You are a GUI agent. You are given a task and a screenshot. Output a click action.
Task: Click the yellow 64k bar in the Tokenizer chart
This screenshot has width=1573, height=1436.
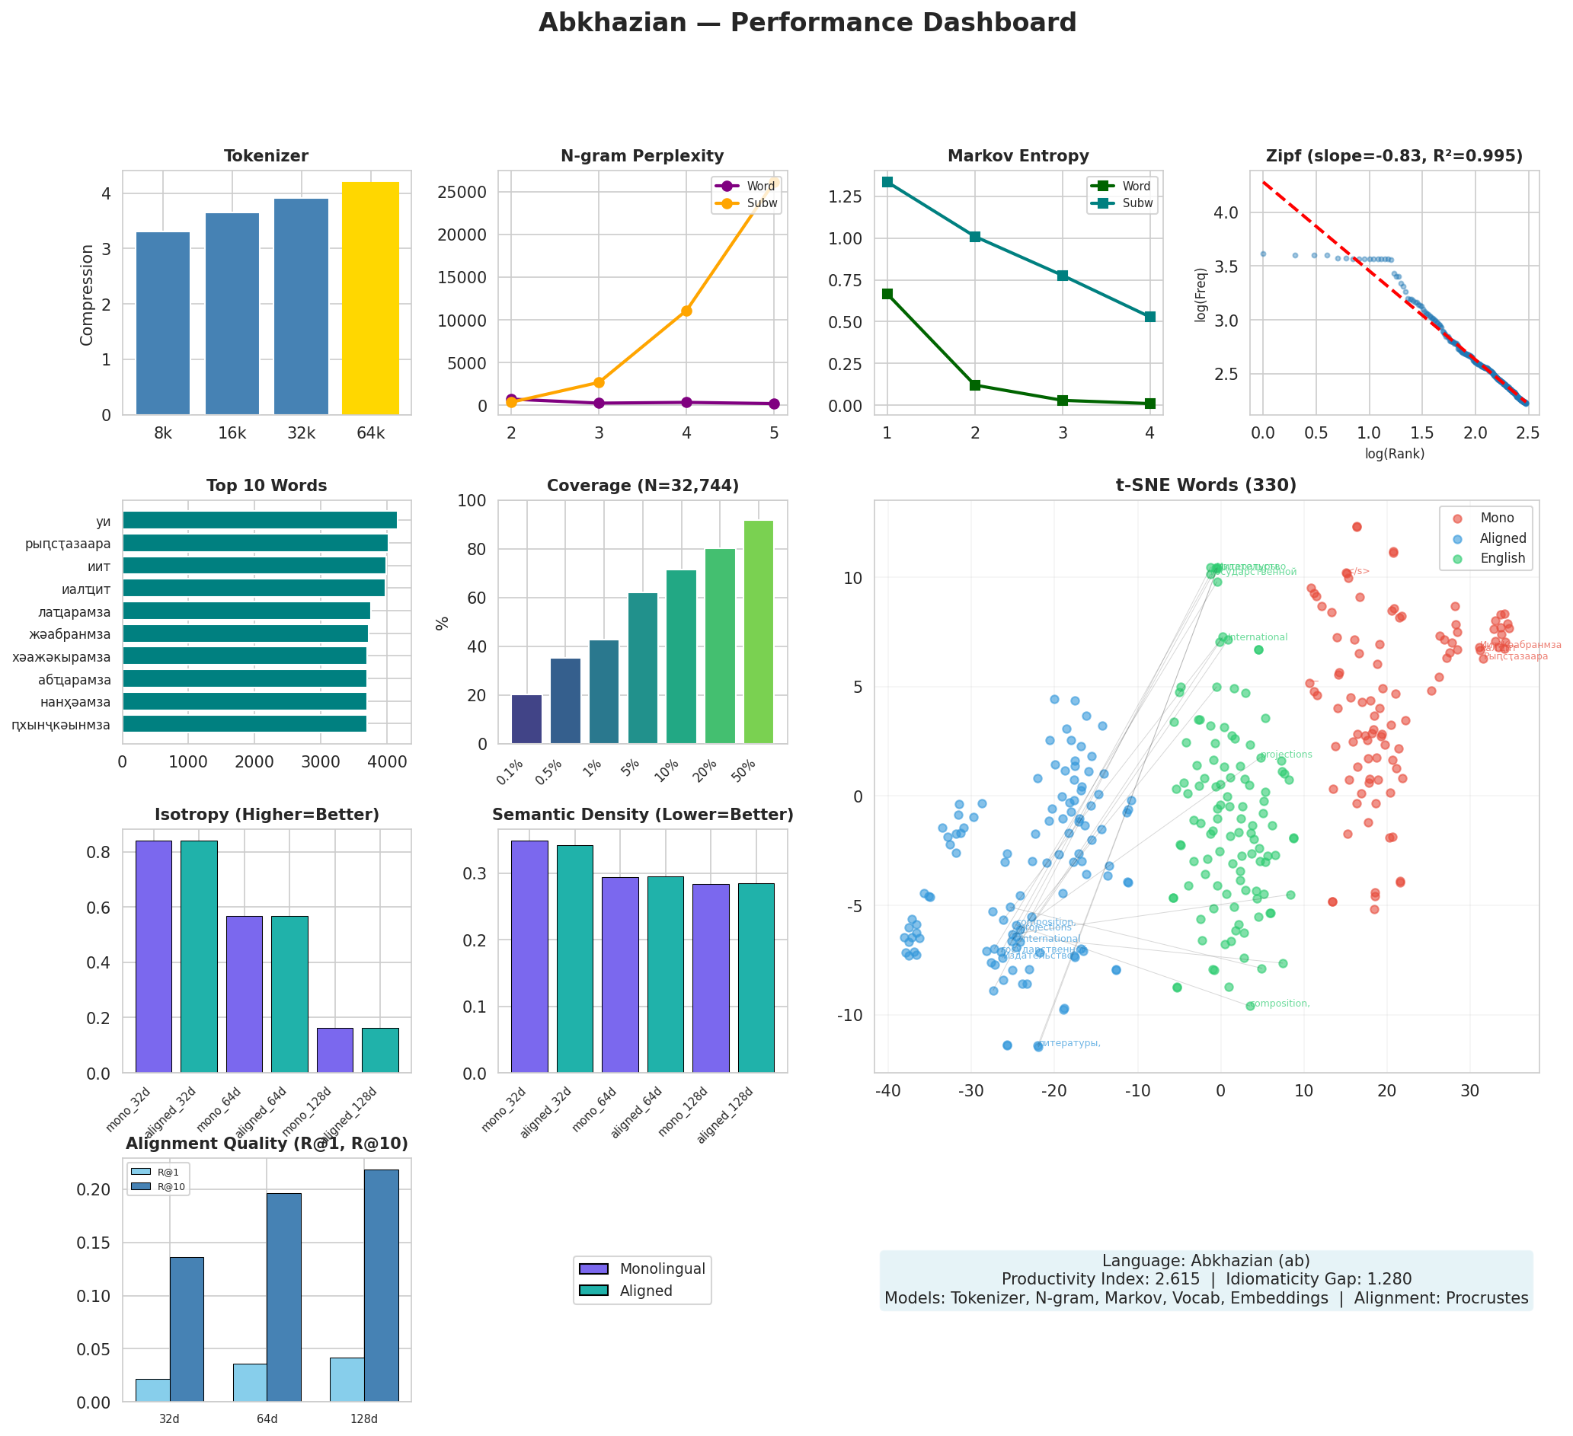click(x=371, y=298)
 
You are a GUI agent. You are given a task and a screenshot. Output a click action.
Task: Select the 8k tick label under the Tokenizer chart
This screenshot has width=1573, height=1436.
click(x=163, y=434)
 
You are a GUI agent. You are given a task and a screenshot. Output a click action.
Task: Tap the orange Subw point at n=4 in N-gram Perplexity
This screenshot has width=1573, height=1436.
click(x=686, y=311)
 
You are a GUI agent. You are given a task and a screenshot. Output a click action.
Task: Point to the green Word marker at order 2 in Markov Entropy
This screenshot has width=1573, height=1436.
click(x=974, y=385)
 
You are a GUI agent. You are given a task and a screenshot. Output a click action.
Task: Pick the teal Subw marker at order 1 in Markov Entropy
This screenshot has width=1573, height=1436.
click(x=887, y=182)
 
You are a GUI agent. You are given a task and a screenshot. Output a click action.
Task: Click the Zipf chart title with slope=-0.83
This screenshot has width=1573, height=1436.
click(x=1393, y=156)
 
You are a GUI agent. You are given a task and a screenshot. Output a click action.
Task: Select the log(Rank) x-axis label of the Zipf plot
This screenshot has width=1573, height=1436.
click(x=1393, y=454)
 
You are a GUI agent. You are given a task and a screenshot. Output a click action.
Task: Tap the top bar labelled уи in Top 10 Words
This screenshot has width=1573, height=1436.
click(x=259, y=520)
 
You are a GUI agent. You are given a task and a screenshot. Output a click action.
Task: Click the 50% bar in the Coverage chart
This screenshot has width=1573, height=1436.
click(x=759, y=632)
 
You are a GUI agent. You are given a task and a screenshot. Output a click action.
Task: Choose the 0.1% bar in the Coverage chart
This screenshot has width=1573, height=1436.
click(x=526, y=720)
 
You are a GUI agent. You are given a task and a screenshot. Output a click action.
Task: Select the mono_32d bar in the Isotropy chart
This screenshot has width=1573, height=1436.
click(x=154, y=956)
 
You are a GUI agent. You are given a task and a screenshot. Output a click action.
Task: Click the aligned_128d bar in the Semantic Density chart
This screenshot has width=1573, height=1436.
click(x=756, y=978)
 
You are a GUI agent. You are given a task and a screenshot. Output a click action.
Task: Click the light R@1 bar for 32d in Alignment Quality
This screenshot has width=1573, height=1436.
click(x=153, y=1390)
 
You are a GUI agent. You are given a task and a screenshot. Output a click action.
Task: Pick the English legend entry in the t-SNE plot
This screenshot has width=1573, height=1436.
click(x=1502, y=559)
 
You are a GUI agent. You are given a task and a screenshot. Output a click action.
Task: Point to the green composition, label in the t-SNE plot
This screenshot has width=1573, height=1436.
click(x=1280, y=1004)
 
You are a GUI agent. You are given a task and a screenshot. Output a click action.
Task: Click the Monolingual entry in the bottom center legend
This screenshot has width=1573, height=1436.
click(x=662, y=1269)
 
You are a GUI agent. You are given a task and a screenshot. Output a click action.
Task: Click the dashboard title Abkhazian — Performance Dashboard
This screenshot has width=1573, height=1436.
click(x=807, y=23)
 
